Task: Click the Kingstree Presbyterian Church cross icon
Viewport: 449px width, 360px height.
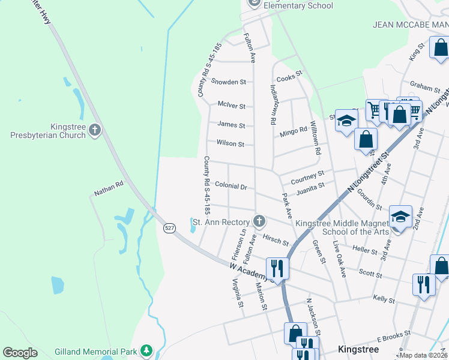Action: click(94, 130)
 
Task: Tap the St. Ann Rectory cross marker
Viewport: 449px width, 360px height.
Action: click(259, 222)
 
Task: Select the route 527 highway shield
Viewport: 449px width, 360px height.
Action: click(170, 227)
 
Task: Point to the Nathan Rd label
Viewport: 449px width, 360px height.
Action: click(108, 188)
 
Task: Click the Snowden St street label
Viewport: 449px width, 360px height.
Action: click(228, 82)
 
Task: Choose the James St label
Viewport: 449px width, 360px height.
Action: click(231, 125)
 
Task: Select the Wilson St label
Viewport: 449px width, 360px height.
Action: click(231, 144)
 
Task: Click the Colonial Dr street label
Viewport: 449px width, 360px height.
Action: click(231, 187)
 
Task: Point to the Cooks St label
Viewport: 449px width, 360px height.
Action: click(289, 79)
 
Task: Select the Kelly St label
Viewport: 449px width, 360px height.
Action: click(384, 298)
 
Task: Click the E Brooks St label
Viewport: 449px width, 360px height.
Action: click(393, 336)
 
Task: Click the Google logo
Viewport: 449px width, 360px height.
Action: click(20, 353)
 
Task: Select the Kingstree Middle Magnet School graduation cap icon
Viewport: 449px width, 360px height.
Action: click(400, 217)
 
